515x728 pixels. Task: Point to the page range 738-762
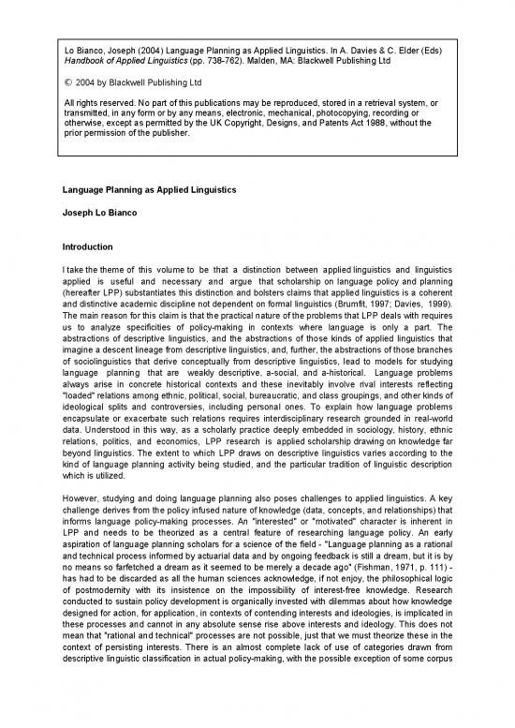[x=208, y=59]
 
